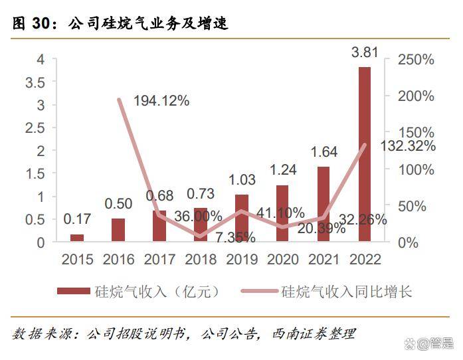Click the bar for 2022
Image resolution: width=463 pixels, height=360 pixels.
(x=365, y=155)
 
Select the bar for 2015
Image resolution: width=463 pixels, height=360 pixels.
(x=77, y=238)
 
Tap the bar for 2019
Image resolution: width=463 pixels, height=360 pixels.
(x=242, y=219)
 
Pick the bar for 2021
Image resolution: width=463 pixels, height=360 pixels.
(x=324, y=205)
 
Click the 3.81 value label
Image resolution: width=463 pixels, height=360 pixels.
(x=365, y=51)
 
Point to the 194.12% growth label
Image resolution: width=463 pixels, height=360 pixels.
(x=161, y=101)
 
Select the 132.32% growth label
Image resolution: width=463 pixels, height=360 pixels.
(x=408, y=146)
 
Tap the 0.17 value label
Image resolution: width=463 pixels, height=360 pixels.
(x=77, y=219)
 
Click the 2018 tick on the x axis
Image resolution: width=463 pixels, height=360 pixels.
(x=201, y=260)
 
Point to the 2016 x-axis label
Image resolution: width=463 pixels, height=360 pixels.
(x=118, y=260)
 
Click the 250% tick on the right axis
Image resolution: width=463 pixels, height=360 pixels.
(x=416, y=60)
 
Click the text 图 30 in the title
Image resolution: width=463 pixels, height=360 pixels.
(x=31, y=24)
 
